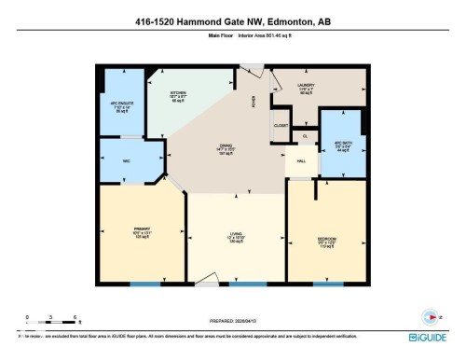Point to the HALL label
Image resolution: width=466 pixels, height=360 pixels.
[301, 160]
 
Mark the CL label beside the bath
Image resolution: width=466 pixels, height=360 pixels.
[305, 137]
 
